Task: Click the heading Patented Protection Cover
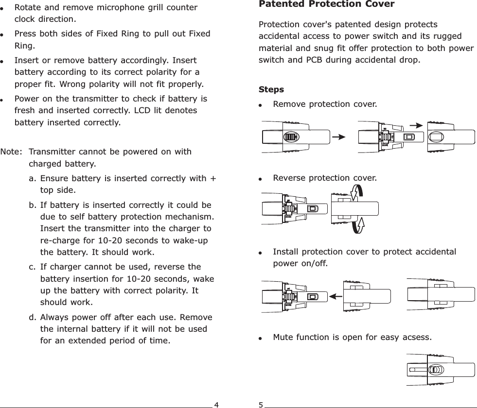tap(326, 4)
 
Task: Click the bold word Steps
tap(271, 90)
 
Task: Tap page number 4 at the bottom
tap(217, 404)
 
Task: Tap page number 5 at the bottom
tap(261, 404)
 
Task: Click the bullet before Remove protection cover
tap(262, 105)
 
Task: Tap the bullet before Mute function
tap(262, 337)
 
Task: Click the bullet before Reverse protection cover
tap(262, 179)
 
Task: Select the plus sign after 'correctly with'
tap(213, 178)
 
